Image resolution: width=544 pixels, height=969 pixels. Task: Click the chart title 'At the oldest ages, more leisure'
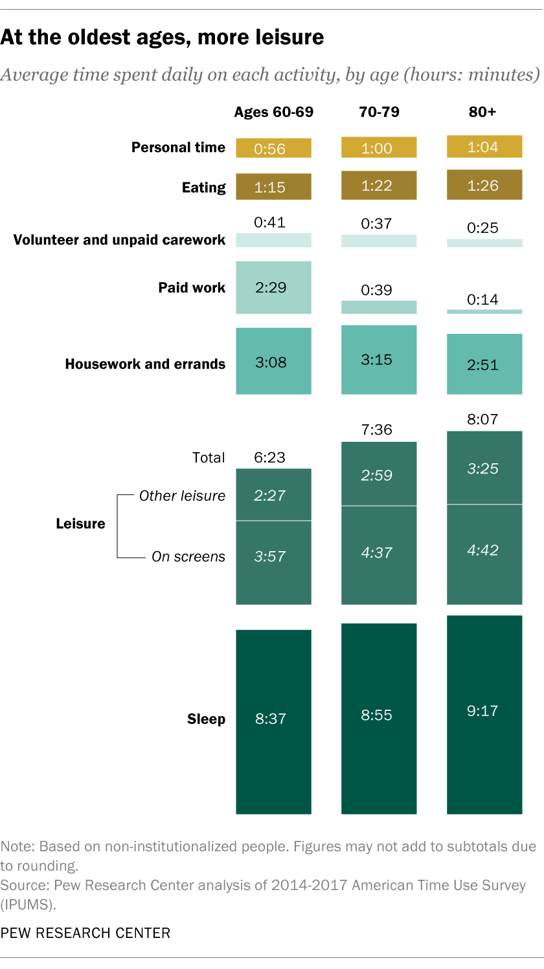pos(162,38)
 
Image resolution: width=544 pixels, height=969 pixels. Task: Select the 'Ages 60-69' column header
pos(273,112)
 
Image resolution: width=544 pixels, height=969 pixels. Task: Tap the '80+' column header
pos(482,112)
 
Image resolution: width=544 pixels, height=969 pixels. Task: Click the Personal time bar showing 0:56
pos(273,148)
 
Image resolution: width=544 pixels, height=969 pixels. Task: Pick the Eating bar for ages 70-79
pos(379,186)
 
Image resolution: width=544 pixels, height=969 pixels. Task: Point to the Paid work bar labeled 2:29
pos(273,287)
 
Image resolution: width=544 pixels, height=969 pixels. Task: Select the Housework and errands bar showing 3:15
pos(379,360)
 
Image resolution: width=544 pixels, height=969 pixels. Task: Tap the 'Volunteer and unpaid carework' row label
pos(120,240)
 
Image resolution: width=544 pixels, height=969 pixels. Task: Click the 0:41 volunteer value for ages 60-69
pos(270,223)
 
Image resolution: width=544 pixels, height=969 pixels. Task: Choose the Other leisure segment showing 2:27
pos(273,495)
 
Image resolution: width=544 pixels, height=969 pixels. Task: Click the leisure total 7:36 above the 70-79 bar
pos(378,430)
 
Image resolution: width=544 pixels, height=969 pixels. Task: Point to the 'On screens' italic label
pos(188,556)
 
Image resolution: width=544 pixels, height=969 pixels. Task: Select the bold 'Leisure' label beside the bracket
pos(80,523)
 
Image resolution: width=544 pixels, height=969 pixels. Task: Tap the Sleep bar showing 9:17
pos(484,712)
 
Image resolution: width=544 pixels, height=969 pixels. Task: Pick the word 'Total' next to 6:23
pos(209,457)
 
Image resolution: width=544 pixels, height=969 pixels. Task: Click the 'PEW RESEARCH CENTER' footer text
pos(85,933)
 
